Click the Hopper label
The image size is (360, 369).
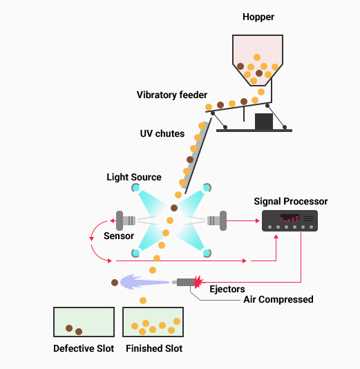[258, 17]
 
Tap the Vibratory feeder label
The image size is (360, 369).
[172, 95]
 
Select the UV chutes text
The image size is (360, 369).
[162, 133]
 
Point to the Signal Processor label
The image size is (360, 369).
[291, 202]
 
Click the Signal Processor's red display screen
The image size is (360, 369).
[290, 218]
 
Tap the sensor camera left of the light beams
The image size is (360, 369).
[126, 220]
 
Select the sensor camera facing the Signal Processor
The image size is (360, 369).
[217, 220]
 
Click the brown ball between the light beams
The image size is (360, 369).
[174, 208]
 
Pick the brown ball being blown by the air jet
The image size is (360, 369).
[115, 283]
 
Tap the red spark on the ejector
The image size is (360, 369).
[199, 282]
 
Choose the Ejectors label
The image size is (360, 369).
[227, 290]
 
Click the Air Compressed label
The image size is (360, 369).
[278, 300]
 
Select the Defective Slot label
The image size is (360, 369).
[84, 348]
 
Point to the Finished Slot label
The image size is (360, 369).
[154, 348]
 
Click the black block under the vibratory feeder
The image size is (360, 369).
[264, 122]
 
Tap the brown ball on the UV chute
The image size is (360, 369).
[190, 160]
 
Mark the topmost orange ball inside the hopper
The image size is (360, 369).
[257, 57]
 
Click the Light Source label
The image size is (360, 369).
[134, 177]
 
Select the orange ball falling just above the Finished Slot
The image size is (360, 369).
[143, 301]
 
